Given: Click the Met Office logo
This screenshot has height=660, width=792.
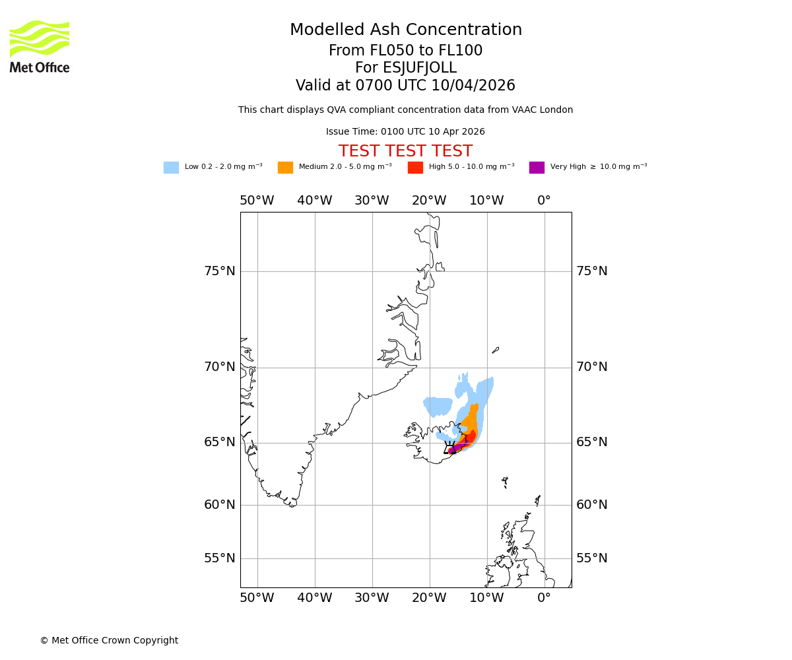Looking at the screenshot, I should [x=40, y=46].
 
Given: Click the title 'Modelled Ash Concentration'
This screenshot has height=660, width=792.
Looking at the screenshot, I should [x=405, y=30].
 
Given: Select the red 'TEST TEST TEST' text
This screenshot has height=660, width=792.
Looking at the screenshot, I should [x=405, y=151].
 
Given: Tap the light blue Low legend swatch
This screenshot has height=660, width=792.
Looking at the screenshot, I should [x=171, y=168].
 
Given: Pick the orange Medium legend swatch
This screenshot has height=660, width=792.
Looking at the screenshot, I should [x=285, y=168].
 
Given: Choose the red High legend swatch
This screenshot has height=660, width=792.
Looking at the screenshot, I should [x=415, y=168].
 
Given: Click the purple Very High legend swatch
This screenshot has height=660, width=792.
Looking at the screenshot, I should [x=537, y=168].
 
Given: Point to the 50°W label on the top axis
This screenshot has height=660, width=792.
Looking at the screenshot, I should [x=257, y=201].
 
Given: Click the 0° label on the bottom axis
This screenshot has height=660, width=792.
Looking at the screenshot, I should [x=544, y=598].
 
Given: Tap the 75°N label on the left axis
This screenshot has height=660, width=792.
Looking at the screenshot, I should [x=219, y=271].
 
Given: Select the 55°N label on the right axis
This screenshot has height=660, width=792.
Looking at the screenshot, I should [x=591, y=558].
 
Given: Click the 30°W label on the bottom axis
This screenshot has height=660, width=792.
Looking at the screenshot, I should [x=372, y=598].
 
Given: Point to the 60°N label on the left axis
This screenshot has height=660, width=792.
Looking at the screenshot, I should [x=219, y=505].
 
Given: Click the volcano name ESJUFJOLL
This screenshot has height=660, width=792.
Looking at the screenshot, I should [x=405, y=68].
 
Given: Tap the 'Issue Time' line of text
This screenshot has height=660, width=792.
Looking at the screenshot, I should [x=405, y=132].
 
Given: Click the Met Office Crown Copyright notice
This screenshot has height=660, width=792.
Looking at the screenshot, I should [x=109, y=640].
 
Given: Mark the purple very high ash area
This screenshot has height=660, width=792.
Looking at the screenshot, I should [x=456, y=448].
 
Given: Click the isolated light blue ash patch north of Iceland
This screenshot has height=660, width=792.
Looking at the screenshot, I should [x=437, y=406].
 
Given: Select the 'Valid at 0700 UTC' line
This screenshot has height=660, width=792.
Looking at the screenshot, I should [x=405, y=86].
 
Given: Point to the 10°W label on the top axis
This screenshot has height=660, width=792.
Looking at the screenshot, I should [x=486, y=201].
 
